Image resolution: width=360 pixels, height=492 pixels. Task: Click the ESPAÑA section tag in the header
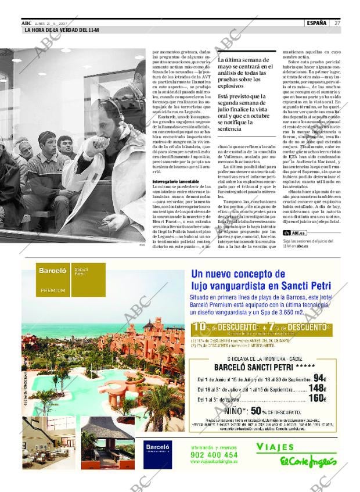316,23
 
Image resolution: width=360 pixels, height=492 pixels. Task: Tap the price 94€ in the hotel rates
320,378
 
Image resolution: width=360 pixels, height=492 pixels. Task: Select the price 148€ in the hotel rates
317,389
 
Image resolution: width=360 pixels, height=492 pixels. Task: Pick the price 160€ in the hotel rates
317,398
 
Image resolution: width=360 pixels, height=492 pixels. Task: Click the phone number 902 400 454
214,455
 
